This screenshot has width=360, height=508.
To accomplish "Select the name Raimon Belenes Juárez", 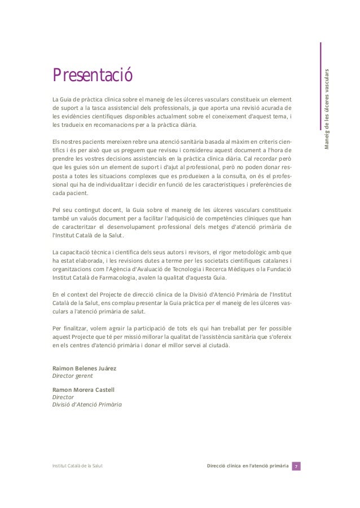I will (85, 368).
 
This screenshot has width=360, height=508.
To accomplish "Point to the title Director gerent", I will (73, 376).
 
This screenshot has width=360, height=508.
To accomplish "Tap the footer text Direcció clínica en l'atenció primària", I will (248, 466).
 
